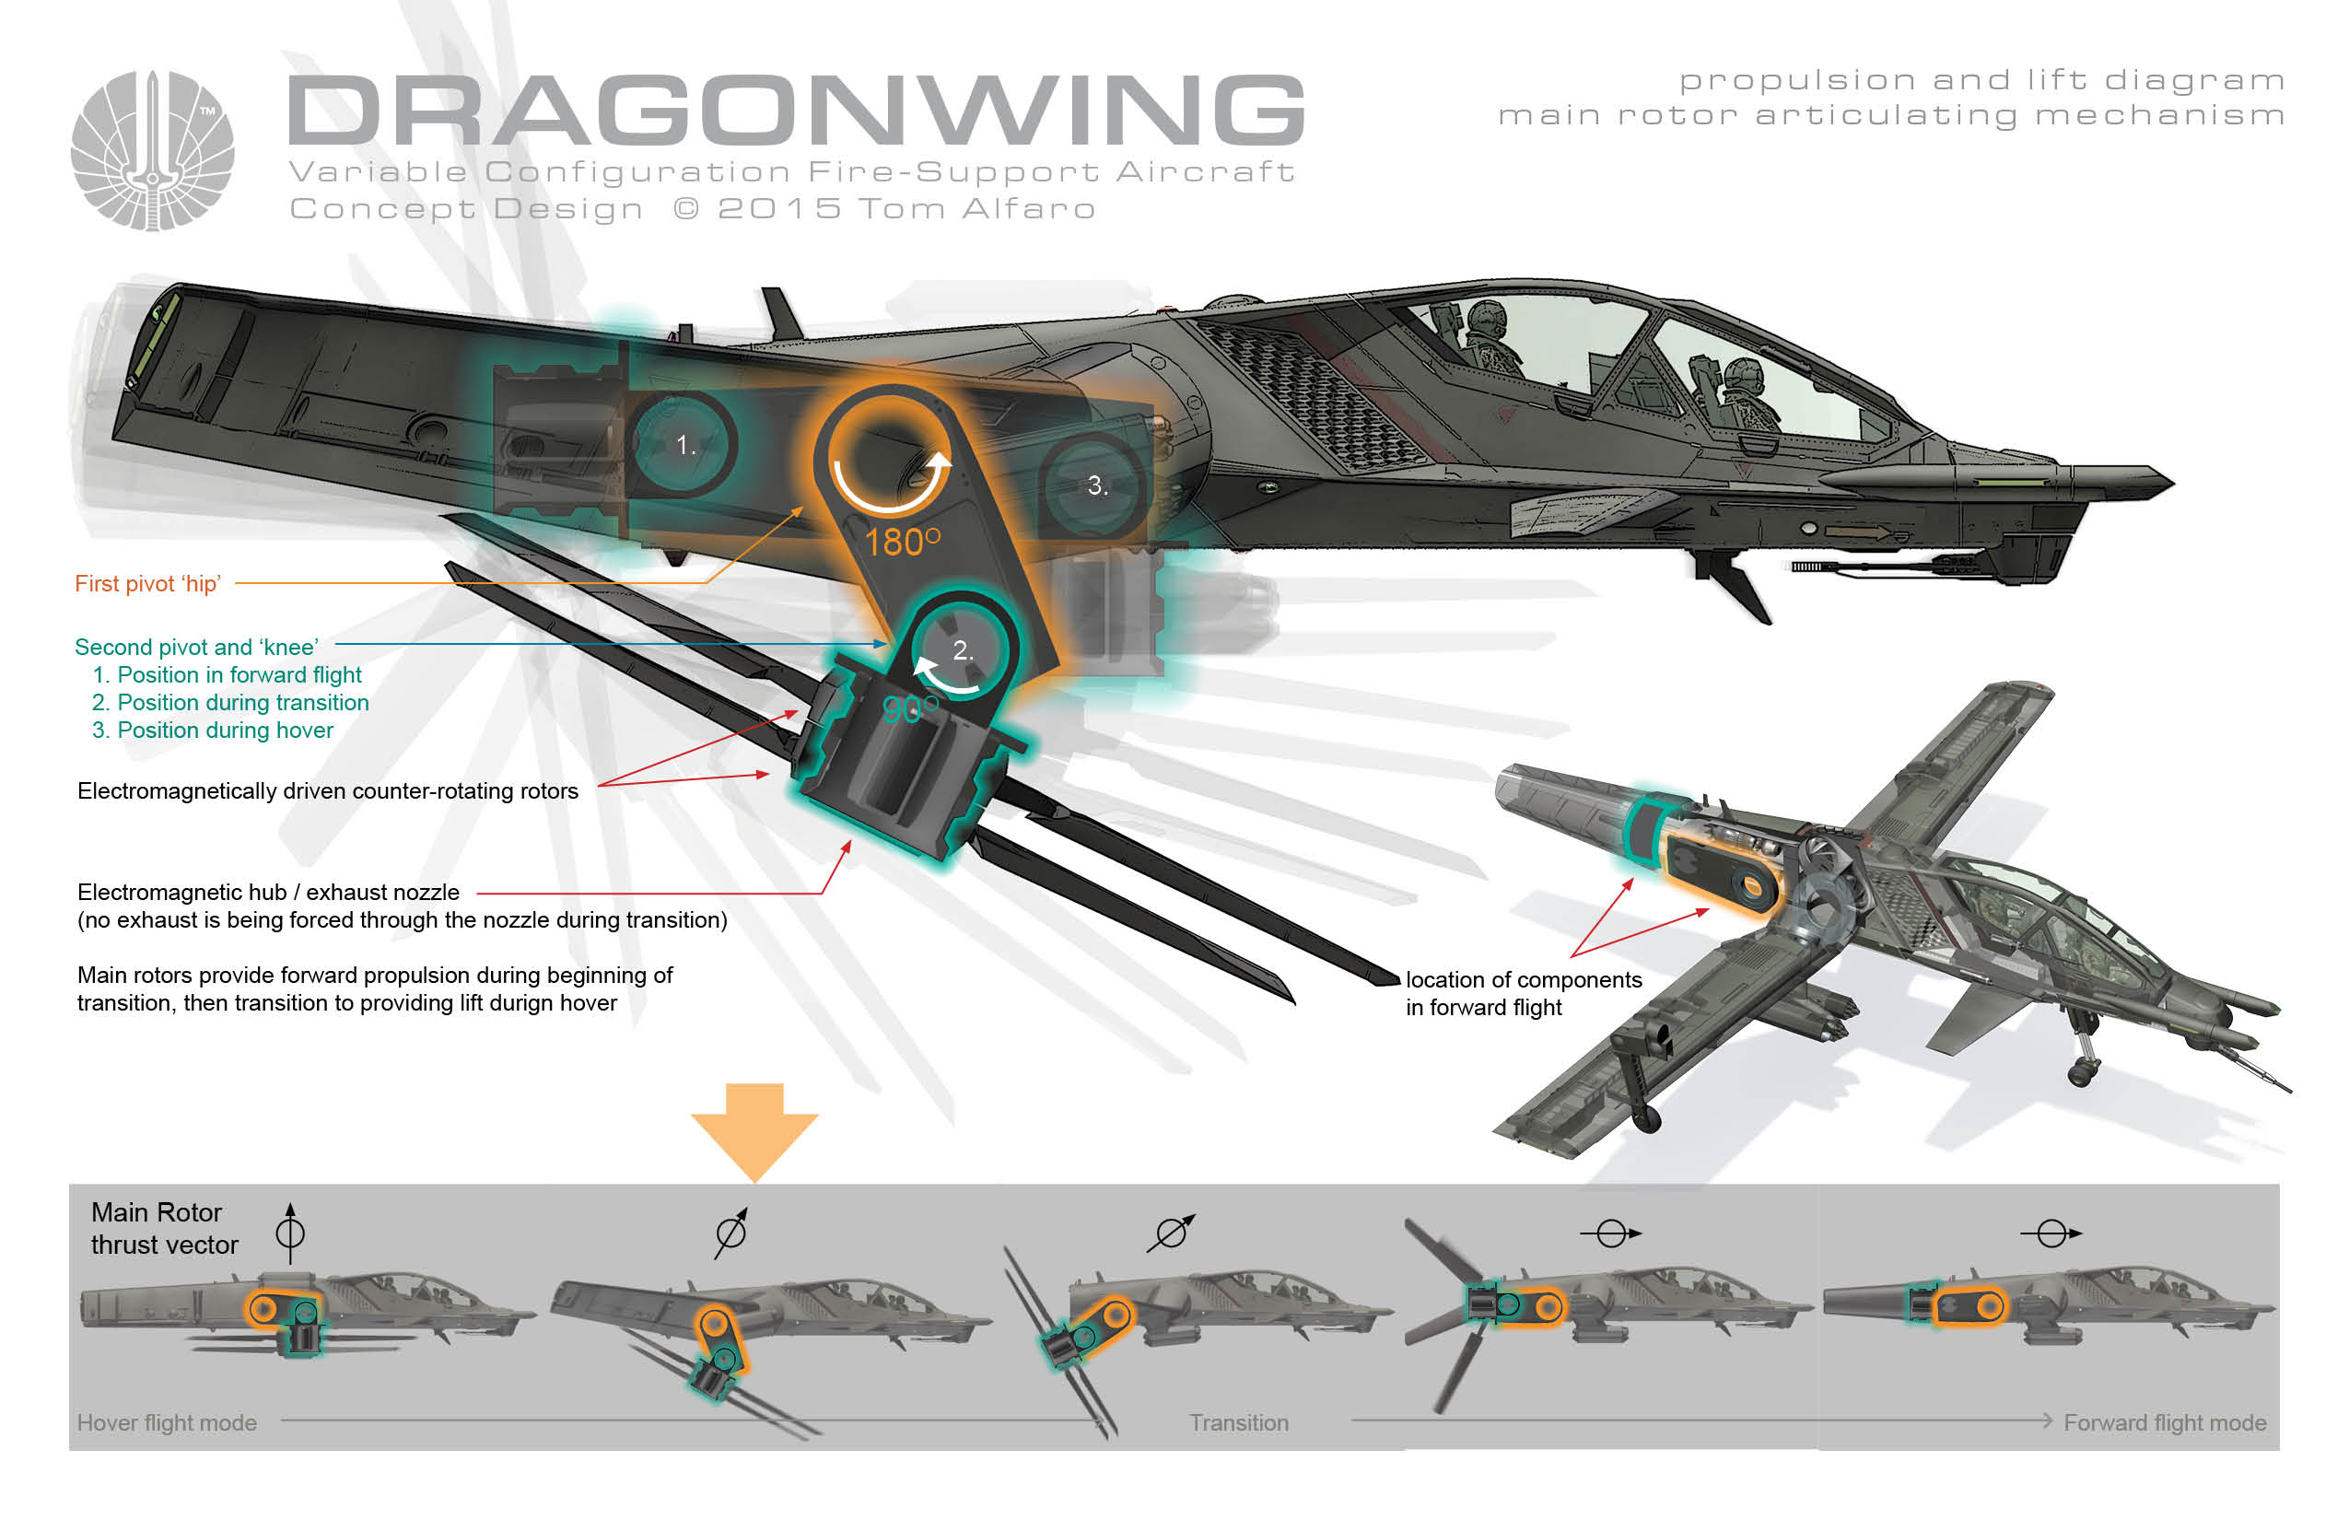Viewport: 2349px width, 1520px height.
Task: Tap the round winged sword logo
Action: click(153, 151)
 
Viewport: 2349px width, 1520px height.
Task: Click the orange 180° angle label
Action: click(901, 542)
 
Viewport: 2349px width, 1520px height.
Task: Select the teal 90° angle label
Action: click(908, 708)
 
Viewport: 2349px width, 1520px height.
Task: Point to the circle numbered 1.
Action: click(683, 445)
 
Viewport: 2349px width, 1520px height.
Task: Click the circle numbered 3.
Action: click(1095, 485)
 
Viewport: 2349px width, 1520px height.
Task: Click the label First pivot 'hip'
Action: click(148, 583)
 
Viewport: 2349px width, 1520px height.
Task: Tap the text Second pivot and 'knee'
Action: click(196, 647)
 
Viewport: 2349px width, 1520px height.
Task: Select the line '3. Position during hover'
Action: click(212, 731)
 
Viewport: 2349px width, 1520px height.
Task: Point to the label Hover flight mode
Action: click(167, 1422)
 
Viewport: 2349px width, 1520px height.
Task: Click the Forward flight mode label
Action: click(2165, 1422)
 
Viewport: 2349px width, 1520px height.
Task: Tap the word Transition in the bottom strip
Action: click(1238, 1422)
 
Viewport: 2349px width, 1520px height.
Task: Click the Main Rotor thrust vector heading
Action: click(164, 1228)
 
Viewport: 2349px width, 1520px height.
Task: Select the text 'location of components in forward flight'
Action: click(1522, 993)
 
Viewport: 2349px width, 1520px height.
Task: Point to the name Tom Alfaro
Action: click(976, 209)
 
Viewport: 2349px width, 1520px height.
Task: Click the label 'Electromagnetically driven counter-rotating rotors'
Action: click(328, 790)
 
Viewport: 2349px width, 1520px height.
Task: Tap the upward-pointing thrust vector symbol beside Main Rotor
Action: click(290, 1232)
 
